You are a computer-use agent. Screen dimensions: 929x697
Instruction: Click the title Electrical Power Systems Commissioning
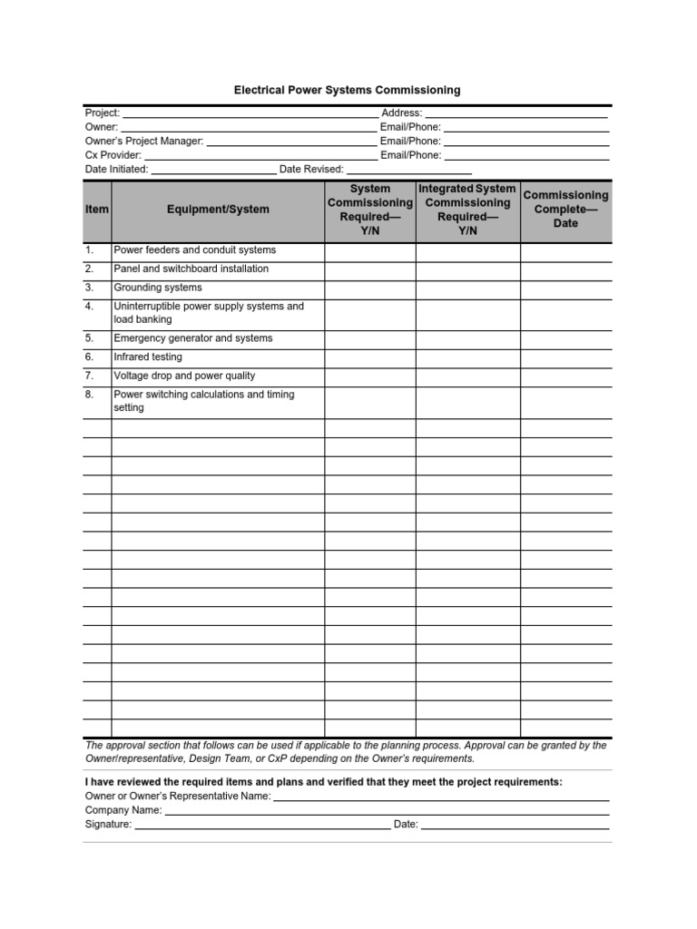coord(348,91)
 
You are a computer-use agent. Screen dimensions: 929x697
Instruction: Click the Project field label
coord(103,113)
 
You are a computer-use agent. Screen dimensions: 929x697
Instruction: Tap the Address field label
coord(401,113)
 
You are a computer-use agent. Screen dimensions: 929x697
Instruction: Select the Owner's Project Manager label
coord(144,142)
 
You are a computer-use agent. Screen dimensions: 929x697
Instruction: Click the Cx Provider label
coord(113,155)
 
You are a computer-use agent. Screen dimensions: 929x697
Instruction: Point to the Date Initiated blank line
coord(213,170)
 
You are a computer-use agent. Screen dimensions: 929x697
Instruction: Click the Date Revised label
coord(311,170)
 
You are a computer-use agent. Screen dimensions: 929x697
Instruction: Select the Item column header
coord(97,210)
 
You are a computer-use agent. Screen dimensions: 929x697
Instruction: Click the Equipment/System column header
coord(218,210)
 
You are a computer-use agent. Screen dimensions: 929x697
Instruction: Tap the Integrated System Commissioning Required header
coord(468,210)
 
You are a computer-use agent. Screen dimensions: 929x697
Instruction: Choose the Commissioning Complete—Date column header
coord(566,210)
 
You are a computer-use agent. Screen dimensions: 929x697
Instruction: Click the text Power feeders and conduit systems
coord(194,250)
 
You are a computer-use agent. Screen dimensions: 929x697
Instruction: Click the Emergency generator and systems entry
coord(192,338)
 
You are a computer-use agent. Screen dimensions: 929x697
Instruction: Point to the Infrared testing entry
coord(148,357)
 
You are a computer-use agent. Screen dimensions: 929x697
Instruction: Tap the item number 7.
coord(90,376)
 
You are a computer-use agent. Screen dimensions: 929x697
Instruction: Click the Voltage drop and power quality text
coord(184,376)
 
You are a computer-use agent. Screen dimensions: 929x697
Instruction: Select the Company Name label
coord(123,810)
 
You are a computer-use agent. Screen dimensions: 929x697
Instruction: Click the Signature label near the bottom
coord(108,825)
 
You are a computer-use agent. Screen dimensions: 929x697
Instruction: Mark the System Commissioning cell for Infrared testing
coord(370,357)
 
